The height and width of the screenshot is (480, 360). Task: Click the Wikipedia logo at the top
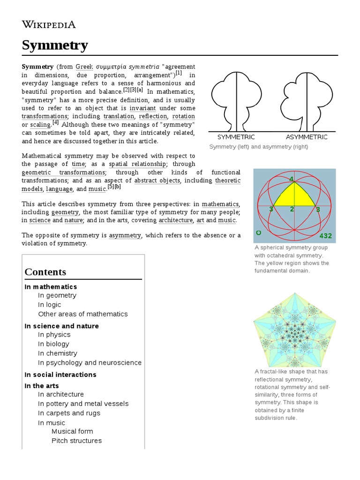point(49,24)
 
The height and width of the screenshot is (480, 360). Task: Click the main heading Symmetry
point(55,45)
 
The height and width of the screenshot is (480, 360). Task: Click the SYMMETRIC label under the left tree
point(236,137)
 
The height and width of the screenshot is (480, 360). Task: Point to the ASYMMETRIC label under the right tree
point(307,137)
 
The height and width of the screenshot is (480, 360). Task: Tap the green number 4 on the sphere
point(292,179)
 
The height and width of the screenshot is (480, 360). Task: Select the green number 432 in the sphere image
point(325,235)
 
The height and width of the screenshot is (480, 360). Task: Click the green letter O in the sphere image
point(258,233)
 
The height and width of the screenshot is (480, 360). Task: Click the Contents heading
point(45,272)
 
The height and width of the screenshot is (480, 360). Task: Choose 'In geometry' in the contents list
point(57,295)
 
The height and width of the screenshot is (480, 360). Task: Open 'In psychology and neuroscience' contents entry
point(90,362)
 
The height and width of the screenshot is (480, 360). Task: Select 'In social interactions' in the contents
point(60,375)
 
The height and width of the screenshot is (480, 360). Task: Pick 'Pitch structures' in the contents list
point(76,441)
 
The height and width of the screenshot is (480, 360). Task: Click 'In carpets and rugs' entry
point(69,413)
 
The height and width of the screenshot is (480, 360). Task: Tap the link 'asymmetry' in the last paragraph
point(125,235)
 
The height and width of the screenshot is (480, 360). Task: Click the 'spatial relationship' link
point(137,164)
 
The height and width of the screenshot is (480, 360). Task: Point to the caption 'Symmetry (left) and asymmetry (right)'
point(258,147)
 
